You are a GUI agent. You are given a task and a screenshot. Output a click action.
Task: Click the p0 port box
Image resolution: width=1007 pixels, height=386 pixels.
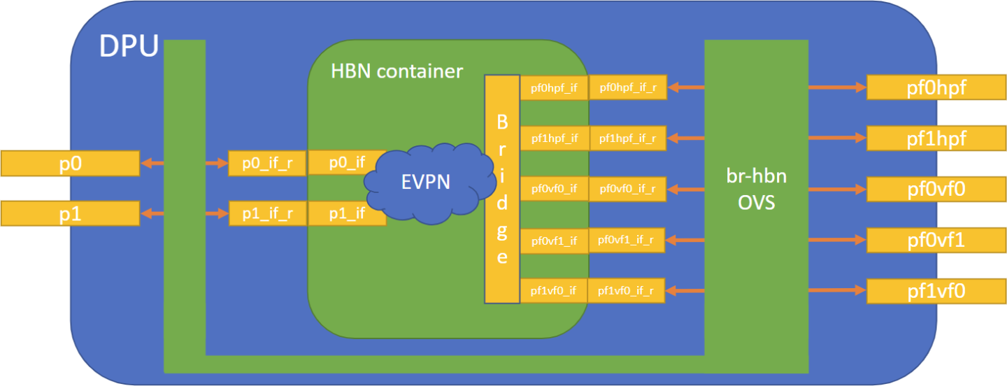[70, 164]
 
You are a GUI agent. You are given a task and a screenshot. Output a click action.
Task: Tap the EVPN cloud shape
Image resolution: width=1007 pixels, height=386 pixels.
[426, 183]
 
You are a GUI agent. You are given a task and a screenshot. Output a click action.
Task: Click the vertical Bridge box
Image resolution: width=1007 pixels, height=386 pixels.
[502, 189]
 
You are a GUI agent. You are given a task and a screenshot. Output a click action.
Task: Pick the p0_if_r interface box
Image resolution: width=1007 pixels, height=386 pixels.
[268, 164]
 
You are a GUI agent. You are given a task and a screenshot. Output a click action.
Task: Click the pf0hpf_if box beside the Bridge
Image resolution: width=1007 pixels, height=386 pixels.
[554, 88]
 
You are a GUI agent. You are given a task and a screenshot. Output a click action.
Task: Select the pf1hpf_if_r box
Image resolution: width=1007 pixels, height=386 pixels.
[627, 138]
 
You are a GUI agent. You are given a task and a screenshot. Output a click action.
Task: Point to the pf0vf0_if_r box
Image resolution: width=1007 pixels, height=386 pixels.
[627, 189]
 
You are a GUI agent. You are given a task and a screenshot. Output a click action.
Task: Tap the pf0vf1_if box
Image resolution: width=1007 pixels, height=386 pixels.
[554, 241]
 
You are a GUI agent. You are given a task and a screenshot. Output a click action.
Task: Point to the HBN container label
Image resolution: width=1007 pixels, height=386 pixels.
[397, 71]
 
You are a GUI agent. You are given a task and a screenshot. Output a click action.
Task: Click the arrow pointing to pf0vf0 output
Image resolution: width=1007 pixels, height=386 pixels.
[837, 189]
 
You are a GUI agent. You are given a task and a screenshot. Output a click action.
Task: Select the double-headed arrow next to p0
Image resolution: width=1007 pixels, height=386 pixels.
[152, 164]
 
